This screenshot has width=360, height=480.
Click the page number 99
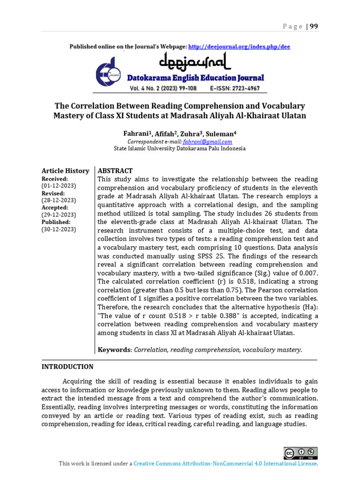coord(314,26)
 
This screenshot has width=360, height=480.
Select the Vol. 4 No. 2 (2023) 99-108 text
coord(164,89)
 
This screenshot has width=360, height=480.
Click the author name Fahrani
coord(134,134)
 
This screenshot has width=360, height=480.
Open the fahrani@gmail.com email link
coord(208,142)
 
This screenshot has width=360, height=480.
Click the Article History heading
coord(65,171)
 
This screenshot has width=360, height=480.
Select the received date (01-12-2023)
coord(59,186)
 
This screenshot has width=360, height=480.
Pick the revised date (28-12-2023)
coord(59,200)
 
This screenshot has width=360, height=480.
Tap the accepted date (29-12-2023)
coord(59,215)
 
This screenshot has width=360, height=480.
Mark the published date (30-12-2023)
coord(59,229)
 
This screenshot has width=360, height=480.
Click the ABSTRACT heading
coord(115,171)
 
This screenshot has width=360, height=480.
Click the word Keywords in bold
coord(114,350)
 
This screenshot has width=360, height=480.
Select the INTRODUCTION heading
coord(67,367)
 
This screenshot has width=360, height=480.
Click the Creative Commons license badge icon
coord(300,453)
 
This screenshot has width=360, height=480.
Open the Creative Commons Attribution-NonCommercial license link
coord(225,464)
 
